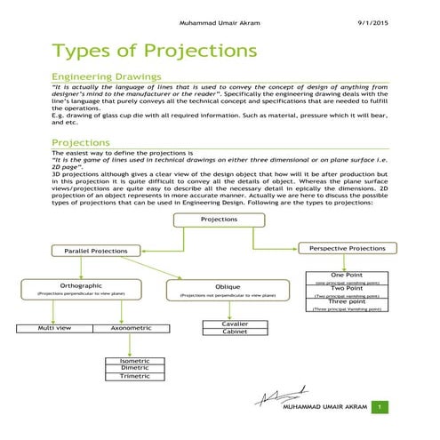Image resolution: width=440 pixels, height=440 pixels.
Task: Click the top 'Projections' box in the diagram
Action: click(219, 219)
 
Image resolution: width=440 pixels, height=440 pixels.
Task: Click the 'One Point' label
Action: click(346, 276)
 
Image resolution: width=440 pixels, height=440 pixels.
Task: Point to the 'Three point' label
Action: click(346, 302)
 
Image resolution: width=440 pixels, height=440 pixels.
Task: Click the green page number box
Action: click(380, 407)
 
